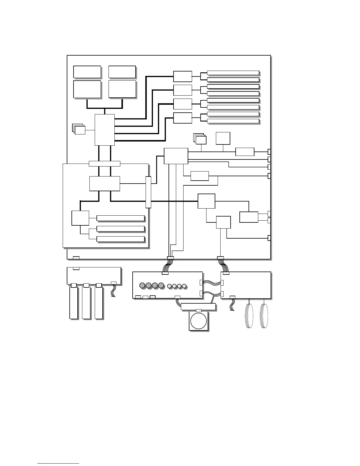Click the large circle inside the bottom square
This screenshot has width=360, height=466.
pyautogui.click(x=199, y=321)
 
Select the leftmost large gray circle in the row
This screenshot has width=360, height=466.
pyautogui.click(x=142, y=285)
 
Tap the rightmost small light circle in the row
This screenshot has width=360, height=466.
pyautogui.click(x=184, y=286)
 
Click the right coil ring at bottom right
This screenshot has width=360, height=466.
pyautogui.click(x=264, y=316)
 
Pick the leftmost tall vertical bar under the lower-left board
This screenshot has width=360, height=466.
pyautogui.click(x=74, y=303)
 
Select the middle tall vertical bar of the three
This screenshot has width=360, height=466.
pyautogui.click(x=86, y=303)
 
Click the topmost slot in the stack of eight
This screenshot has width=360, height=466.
pyautogui.click(x=233, y=73)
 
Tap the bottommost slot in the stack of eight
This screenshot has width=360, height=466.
pyautogui.click(x=233, y=121)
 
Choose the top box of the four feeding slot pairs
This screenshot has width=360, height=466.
pyautogui.click(x=182, y=76)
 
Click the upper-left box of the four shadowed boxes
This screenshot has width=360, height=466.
pyautogui.click(x=87, y=72)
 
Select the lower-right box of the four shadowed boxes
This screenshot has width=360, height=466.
pyautogui.click(x=122, y=89)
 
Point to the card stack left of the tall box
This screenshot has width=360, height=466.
pyautogui.click(x=79, y=129)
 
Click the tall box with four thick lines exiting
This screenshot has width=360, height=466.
pyautogui.click(x=104, y=130)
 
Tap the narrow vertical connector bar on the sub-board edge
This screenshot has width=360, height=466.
pyautogui.click(x=148, y=192)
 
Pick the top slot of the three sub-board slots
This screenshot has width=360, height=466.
pyautogui.click(x=120, y=218)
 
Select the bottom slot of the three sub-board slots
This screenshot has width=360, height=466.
pyautogui.click(x=120, y=239)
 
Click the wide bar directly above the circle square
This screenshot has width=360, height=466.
pyautogui.click(x=198, y=307)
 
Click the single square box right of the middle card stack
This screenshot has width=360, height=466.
pyautogui.click(x=223, y=138)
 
